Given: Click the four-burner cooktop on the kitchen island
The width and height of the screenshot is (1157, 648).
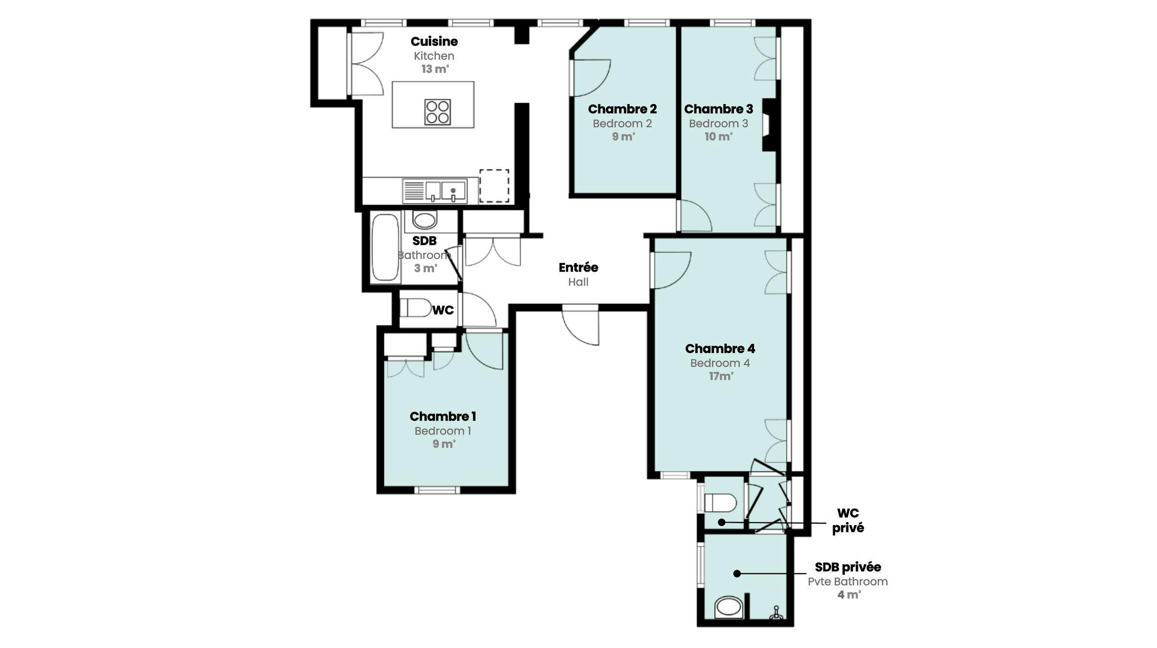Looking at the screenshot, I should click(x=437, y=112).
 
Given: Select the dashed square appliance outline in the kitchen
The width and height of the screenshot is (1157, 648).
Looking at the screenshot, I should click(x=494, y=185).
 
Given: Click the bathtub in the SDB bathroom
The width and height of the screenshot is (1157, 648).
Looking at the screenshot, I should click(x=385, y=247).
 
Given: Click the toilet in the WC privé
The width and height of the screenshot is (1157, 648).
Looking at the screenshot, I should click(x=721, y=503).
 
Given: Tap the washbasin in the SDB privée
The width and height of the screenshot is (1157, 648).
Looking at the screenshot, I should click(x=728, y=606).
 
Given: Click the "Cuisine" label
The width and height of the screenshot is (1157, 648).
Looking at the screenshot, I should click(x=434, y=42).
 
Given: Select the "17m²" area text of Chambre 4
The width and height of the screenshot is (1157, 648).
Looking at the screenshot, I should click(x=721, y=376).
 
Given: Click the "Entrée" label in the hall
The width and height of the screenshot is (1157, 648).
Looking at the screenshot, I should click(x=578, y=267).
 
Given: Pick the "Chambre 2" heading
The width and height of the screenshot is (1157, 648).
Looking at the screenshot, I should click(x=622, y=109).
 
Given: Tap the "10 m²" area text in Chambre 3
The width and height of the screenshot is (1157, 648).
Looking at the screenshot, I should click(x=718, y=137).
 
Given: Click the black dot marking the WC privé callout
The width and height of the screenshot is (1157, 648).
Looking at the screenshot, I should click(x=721, y=522).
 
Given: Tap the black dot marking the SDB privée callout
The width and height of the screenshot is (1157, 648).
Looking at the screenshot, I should click(x=737, y=573).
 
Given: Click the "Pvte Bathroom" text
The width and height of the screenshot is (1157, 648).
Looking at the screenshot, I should click(x=847, y=582).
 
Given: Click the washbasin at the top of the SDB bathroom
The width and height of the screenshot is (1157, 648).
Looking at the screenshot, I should click(x=425, y=220).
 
